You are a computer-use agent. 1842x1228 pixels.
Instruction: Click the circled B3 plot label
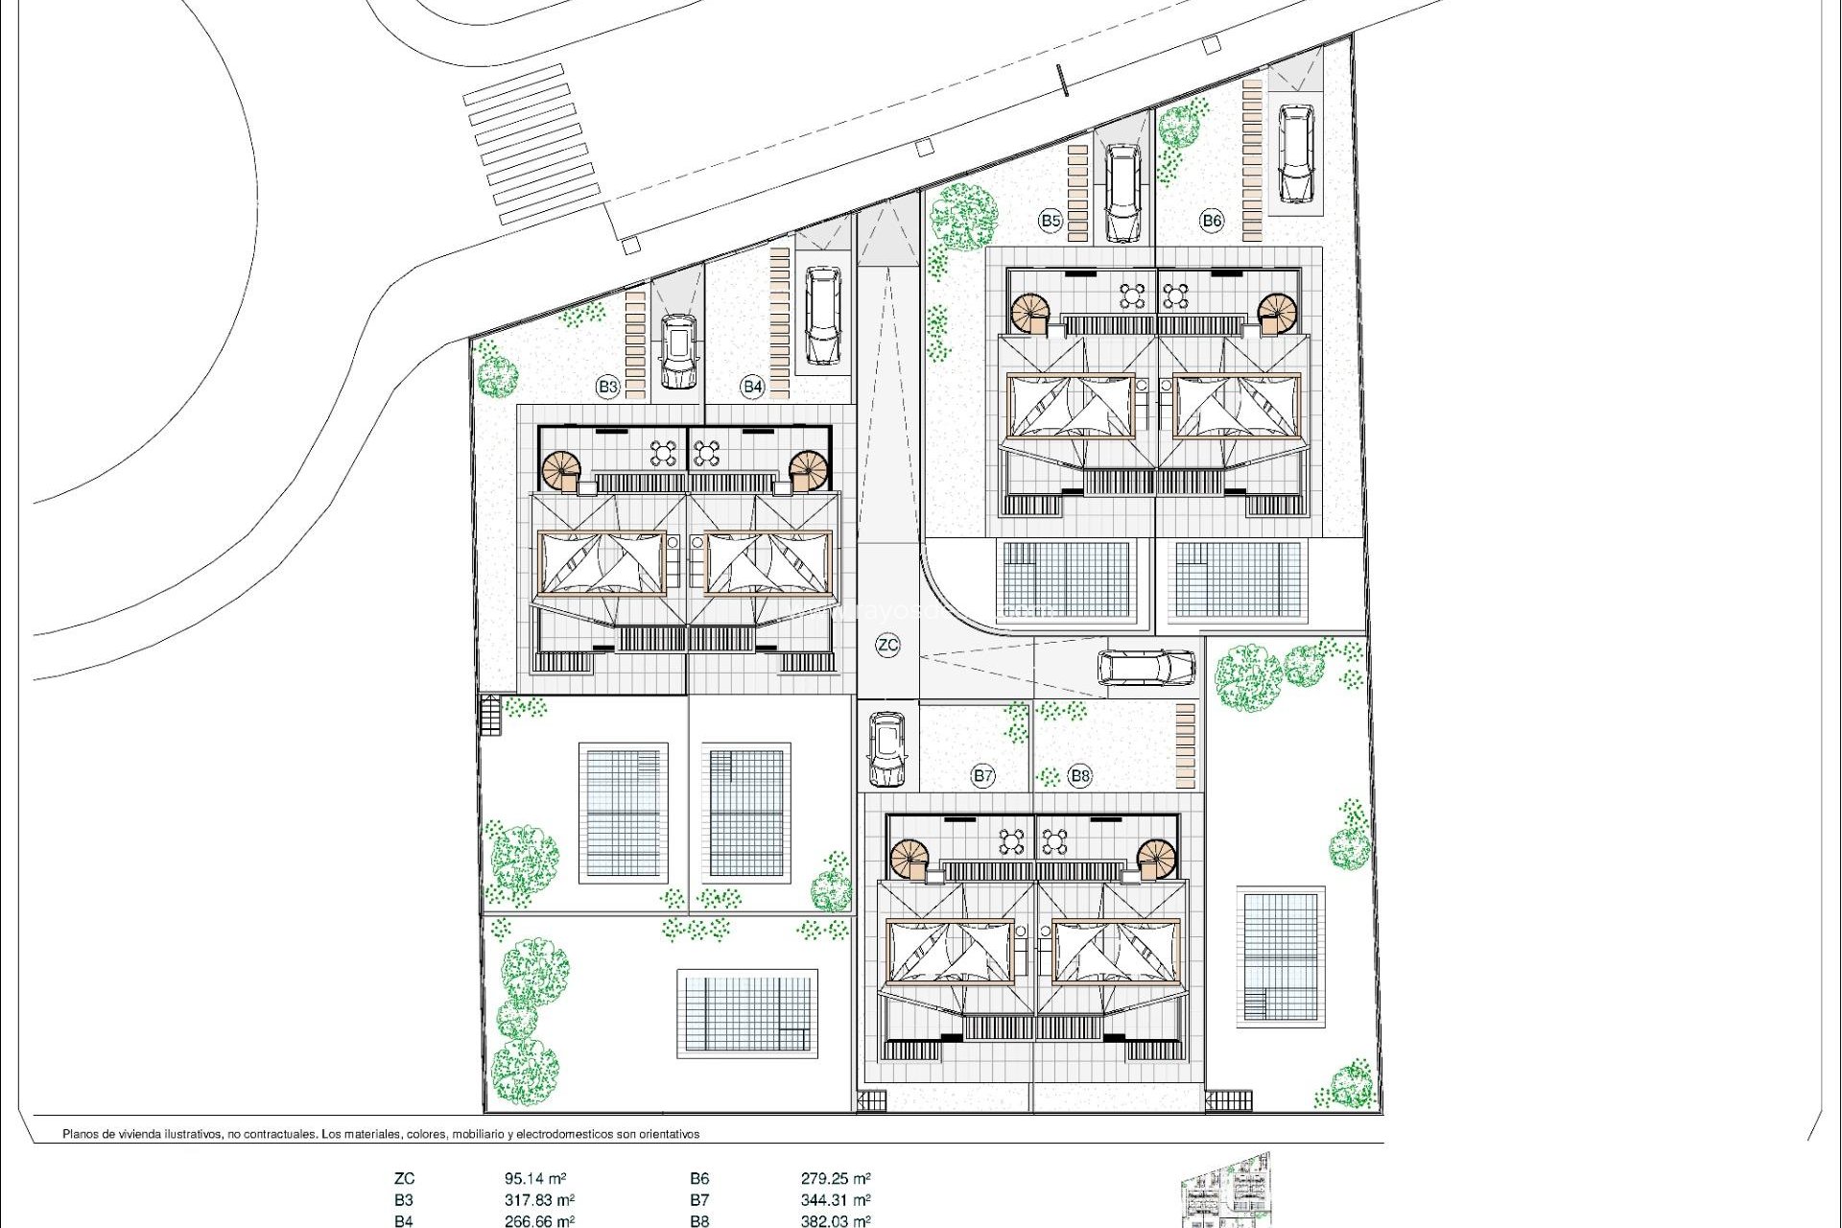pyautogui.click(x=607, y=387)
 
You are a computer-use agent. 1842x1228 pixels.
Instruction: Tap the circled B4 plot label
pyautogui.click(x=752, y=387)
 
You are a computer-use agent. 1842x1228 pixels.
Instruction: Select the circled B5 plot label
pyautogui.click(x=1051, y=221)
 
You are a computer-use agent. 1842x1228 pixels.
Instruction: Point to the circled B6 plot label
pyautogui.click(x=1212, y=221)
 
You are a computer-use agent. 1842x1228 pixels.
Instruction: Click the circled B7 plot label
pyautogui.click(x=982, y=775)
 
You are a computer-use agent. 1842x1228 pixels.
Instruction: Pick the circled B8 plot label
pyautogui.click(x=1080, y=775)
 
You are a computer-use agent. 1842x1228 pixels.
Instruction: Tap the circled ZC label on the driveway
pyautogui.click(x=887, y=645)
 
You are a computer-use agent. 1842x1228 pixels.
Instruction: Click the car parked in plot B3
pyautogui.click(x=678, y=351)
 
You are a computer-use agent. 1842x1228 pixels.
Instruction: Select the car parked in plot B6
pyautogui.click(x=1295, y=153)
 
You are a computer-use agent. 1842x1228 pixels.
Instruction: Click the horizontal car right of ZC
pyautogui.click(x=1146, y=668)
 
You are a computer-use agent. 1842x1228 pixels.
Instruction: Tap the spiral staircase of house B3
pyautogui.click(x=561, y=470)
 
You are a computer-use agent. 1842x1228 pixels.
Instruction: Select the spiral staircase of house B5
pyautogui.click(x=1032, y=312)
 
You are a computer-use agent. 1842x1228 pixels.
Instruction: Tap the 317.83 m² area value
pyautogui.click(x=539, y=1199)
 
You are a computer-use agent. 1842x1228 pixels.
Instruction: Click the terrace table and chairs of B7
pyautogui.click(x=1012, y=841)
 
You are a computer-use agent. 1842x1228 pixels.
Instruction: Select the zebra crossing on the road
pyautogui.click(x=531, y=144)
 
